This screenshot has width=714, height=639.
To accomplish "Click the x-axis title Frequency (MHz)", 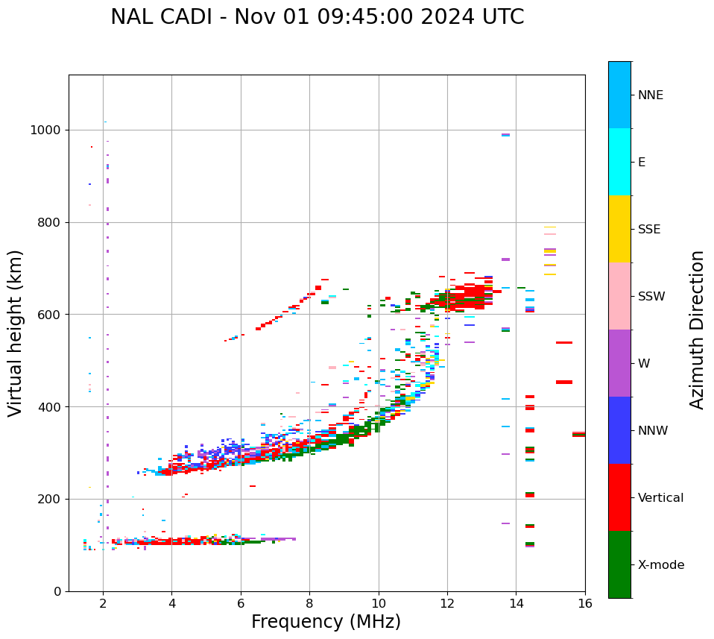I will [326, 622].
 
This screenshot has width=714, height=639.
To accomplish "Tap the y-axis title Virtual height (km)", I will [16, 333].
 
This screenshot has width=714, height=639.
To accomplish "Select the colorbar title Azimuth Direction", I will [697, 330].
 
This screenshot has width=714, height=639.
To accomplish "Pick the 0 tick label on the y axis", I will [57, 591].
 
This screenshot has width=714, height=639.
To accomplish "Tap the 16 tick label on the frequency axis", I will [585, 604].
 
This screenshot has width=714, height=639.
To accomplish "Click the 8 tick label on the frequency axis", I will [309, 604].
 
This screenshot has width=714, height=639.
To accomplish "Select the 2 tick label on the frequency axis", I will [103, 604].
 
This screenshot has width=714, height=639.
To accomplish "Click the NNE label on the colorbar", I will [651, 95].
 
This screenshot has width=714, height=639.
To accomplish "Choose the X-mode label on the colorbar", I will [661, 565].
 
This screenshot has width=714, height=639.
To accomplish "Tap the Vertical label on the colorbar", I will [661, 498].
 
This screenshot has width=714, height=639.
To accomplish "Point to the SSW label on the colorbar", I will [651, 297].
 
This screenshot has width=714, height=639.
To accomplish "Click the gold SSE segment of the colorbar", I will [619, 229].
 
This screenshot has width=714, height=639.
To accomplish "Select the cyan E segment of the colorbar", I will [619, 162].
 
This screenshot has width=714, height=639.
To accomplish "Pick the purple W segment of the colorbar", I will [619, 363].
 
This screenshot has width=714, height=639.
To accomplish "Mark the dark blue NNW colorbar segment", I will [619, 430].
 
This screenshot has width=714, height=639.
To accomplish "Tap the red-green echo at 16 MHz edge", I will [579, 434].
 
